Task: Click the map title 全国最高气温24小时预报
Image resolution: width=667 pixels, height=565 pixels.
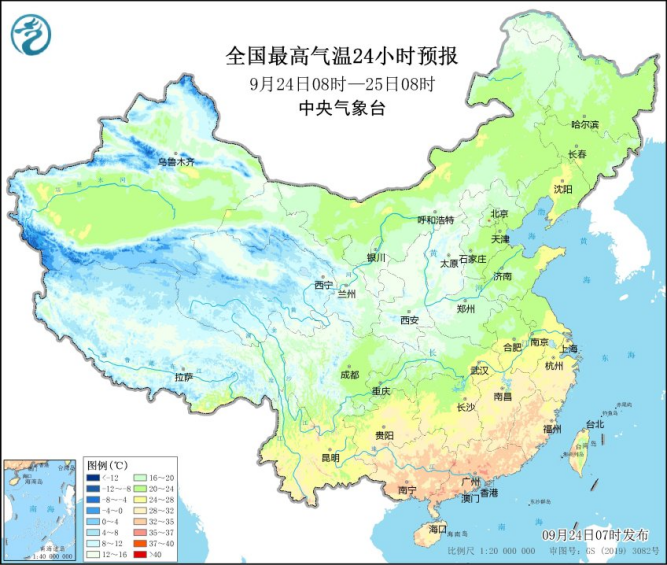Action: (334, 54)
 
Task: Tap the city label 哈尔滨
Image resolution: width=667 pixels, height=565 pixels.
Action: (584, 124)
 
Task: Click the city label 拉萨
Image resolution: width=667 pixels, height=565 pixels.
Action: (183, 377)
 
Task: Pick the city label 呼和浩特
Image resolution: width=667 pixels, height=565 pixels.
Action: (435, 219)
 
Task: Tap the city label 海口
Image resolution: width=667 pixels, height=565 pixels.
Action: (437, 527)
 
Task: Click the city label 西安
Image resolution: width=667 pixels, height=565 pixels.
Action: (410, 320)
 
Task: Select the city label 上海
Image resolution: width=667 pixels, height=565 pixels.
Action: (569, 349)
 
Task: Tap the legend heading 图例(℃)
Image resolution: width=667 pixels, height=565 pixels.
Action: (104, 465)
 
